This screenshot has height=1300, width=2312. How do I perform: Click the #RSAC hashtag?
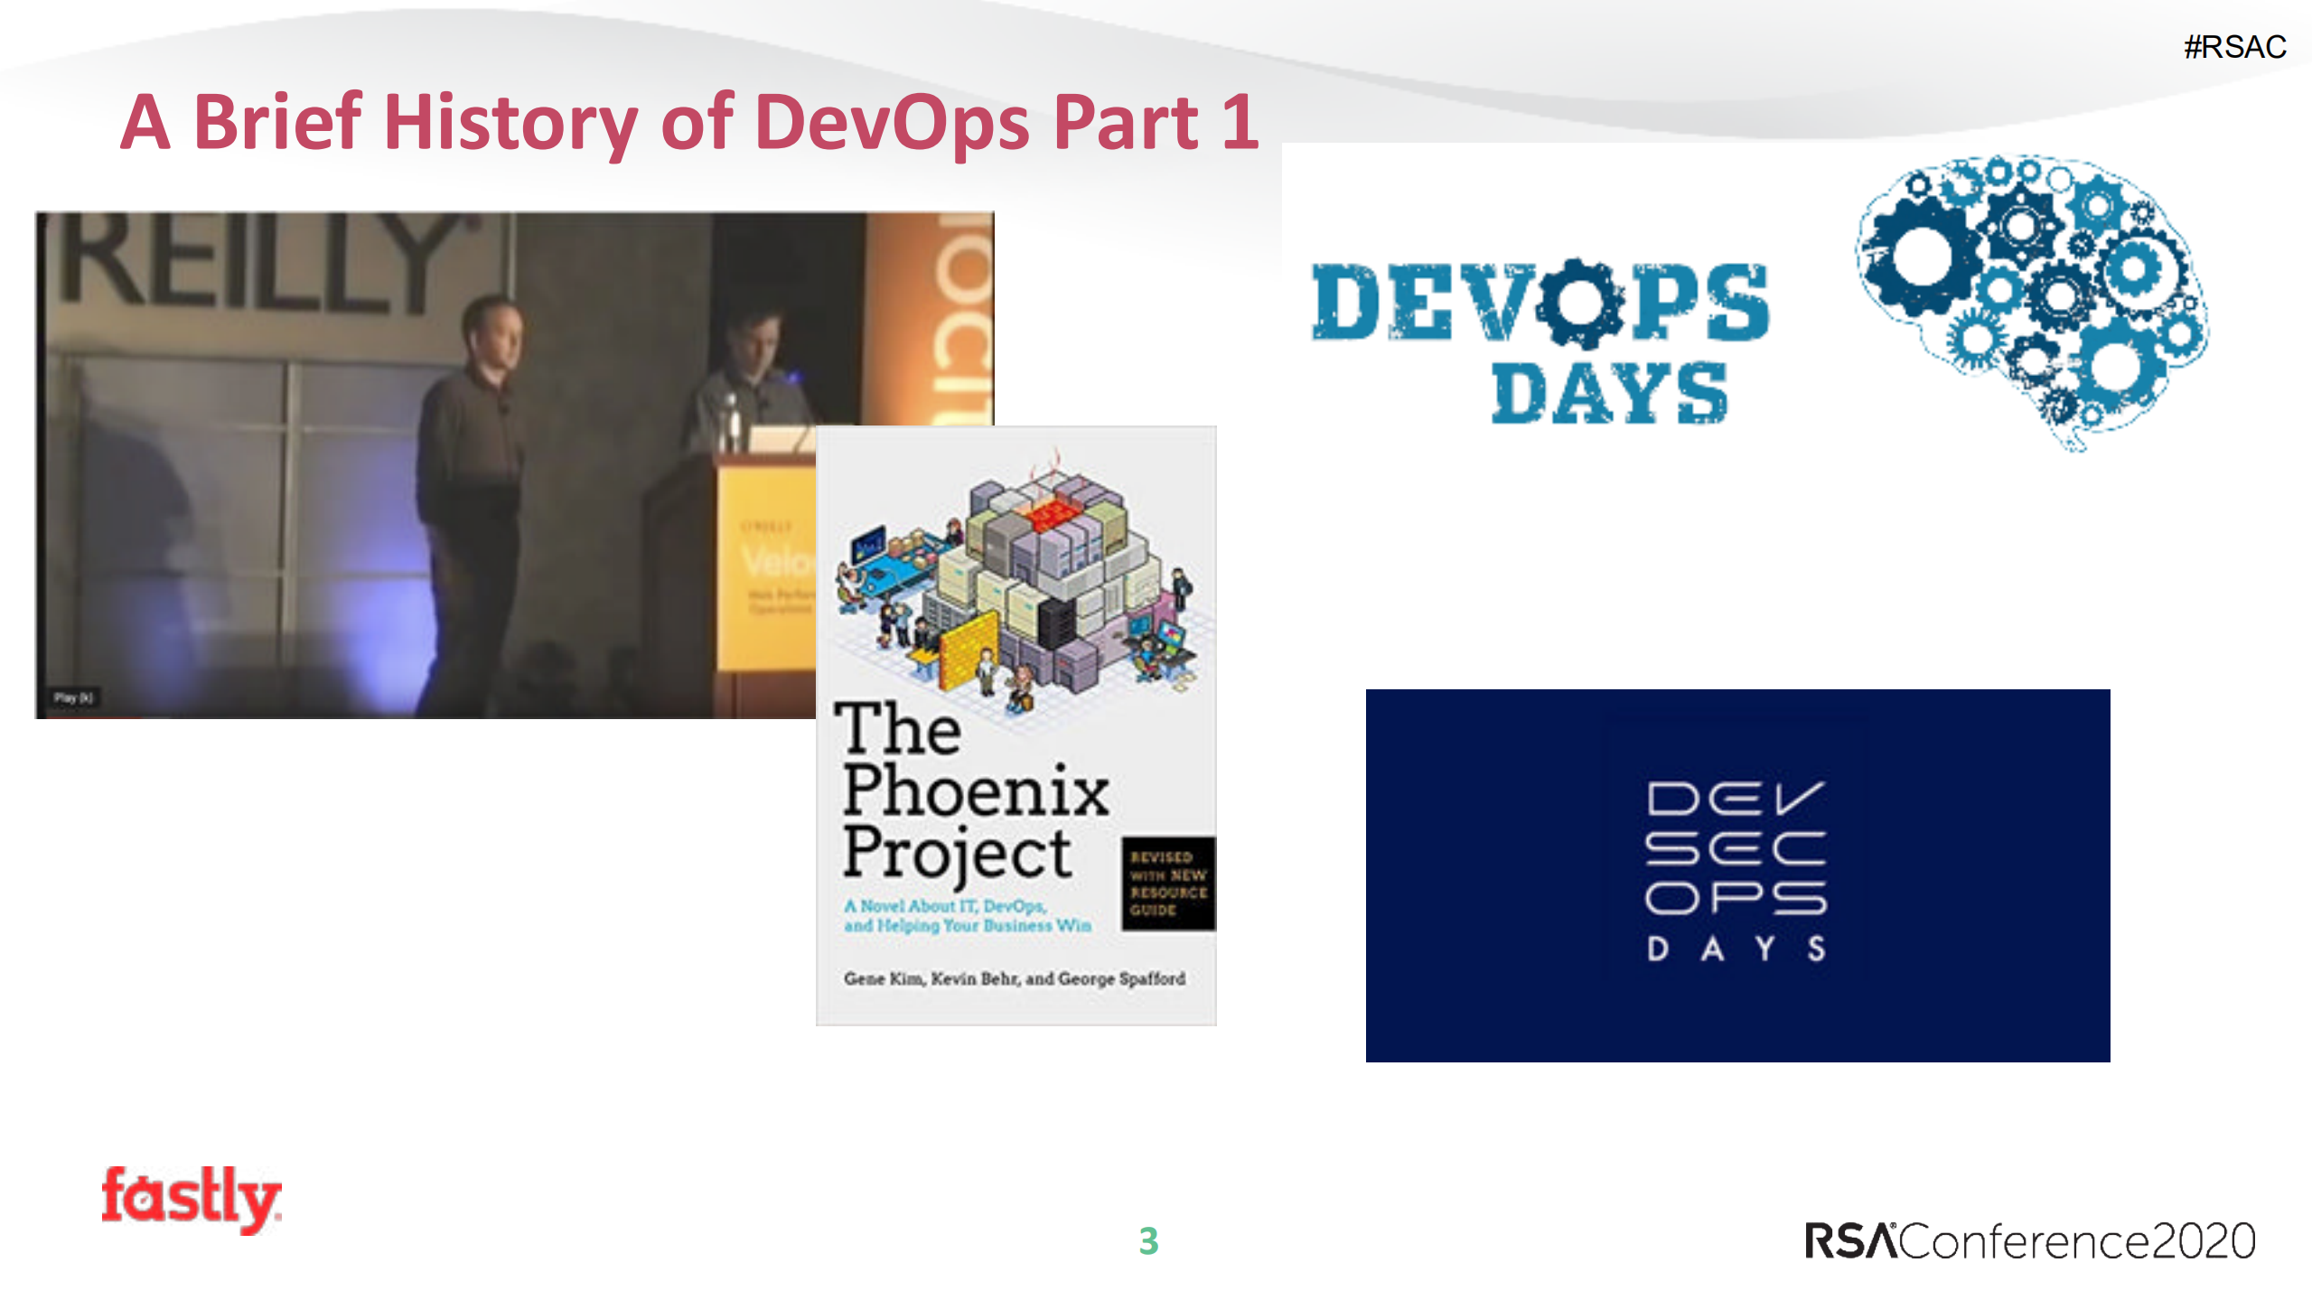click(2234, 47)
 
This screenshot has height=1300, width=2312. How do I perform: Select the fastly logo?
click(191, 1199)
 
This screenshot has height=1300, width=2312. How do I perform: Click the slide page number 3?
click(1148, 1241)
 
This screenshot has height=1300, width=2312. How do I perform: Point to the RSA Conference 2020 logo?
click(2029, 1241)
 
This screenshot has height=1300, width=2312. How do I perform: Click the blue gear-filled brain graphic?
click(2033, 298)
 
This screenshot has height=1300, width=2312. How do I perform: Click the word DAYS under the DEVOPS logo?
click(1609, 394)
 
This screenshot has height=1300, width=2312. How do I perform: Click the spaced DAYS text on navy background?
click(1736, 949)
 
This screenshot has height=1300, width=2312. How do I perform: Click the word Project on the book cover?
click(958, 854)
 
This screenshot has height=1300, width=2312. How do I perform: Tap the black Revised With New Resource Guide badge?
click(1168, 884)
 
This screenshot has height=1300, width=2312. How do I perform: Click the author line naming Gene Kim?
click(1014, 978)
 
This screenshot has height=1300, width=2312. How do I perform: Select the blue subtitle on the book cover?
click(967, 915)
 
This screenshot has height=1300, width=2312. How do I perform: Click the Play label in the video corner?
click(72, 697)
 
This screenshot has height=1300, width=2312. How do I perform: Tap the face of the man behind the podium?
click(754, 343)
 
